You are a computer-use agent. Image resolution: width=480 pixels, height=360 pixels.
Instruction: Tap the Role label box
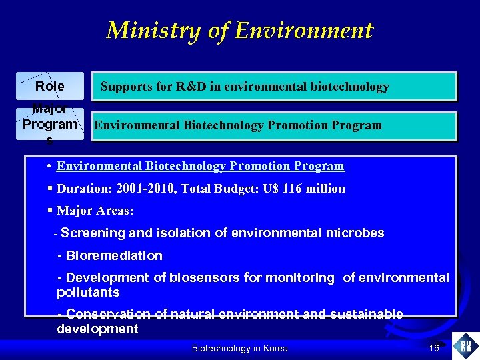point(50,86)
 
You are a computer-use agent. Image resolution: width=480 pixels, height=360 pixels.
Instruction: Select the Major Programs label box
point(50,125)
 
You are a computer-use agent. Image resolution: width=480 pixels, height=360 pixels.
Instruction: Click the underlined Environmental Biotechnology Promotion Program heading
point(200,166)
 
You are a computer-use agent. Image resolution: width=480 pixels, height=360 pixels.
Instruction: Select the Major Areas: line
point(95,211)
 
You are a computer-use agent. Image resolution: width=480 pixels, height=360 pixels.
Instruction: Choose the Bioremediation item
point(113,255)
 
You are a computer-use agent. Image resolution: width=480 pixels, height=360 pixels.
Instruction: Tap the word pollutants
point(88,293)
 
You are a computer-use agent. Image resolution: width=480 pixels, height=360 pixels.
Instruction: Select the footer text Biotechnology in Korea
point(239,348)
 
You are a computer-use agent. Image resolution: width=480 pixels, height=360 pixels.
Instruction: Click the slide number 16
point(433,348)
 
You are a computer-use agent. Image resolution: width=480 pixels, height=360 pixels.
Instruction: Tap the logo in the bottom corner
point(465,346)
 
